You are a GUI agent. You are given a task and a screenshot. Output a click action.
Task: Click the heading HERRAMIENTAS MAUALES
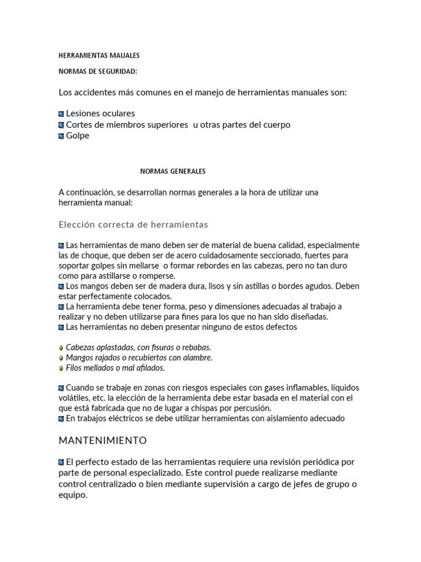coord(99,55)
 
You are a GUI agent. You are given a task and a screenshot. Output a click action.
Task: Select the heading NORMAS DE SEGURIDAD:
coord(98,71)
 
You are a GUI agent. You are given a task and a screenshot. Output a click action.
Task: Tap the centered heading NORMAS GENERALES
coord(173,171)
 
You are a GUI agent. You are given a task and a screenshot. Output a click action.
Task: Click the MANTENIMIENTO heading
coord(103,440)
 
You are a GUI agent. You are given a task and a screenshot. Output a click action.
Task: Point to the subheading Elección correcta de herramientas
coord(133,225)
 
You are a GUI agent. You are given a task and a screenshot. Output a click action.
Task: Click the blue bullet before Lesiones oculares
coord(61,114)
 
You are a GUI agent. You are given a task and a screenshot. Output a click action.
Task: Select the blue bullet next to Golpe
coord(61,136)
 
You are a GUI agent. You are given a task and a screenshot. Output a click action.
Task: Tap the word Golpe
coord(77,136)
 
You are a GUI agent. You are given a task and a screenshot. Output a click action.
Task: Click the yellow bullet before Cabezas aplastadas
coord(61,348)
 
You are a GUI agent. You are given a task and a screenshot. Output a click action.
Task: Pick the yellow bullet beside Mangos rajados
coord(61,358)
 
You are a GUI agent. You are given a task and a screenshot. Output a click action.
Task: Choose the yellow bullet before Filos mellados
coord(61,368)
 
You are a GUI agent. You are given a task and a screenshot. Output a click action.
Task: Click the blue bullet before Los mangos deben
coord(61,286)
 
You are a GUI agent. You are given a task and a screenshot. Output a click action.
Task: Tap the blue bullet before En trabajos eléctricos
coord(61,419)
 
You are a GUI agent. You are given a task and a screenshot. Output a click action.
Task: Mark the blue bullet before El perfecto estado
coord(61,462)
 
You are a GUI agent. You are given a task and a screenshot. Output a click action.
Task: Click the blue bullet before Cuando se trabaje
coord(61,388)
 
